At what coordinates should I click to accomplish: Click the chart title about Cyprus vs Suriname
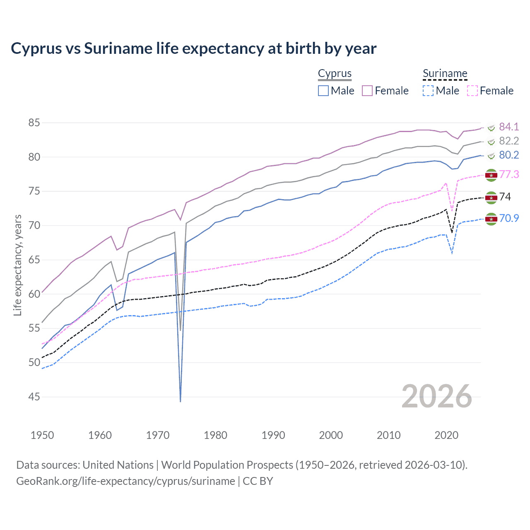(x=193, y=48)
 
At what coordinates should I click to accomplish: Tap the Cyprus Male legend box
(x=323, y=91)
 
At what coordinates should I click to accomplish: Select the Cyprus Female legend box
(x=367, y=91)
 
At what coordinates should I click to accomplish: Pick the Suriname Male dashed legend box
(x=428, y=91)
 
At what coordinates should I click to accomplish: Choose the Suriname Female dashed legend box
(x=472, y=91)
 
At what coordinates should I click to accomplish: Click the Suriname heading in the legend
(x=445, y=74)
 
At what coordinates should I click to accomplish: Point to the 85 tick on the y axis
(x=34, y=123)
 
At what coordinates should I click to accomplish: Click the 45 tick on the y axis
(x=34, y=397)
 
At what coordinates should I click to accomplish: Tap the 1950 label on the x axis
(x=42, y=435)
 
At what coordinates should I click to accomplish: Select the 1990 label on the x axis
(x=273, y=435)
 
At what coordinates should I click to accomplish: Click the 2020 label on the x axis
(x=446, y=435)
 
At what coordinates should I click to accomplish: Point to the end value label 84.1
(x=509, y=127)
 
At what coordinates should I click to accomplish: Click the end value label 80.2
(x=509, y=155)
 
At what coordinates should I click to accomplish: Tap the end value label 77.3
(x=509, y=174)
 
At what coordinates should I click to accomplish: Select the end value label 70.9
(x=509, y=218)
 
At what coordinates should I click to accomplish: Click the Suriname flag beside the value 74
(x=491, y=198)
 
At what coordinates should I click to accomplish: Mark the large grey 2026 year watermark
(x=437, y=396)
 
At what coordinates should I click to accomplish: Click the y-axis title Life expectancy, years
(x=17, y=265)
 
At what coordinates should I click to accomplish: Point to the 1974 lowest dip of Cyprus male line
(x=181, y=401)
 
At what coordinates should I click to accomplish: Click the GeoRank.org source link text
(x=125, y=481)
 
